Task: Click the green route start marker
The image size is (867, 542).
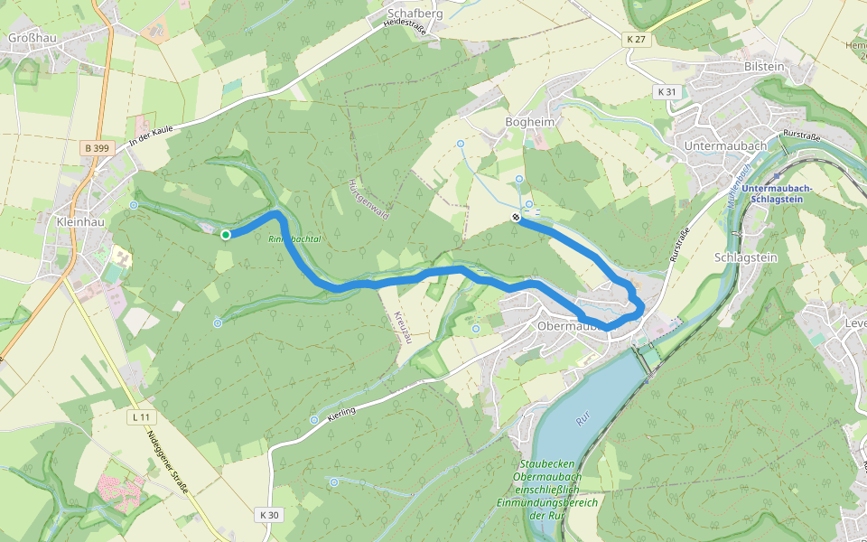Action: click(226, 235)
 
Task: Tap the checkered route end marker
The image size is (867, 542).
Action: click(516, 217)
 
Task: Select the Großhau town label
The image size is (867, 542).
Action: click(27, 38)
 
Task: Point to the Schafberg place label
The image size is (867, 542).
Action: click(415, 14)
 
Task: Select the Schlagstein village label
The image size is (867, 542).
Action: click(745, 257)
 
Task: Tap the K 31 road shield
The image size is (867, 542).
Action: click(667, 92)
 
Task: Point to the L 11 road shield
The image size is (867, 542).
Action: click(139, 417)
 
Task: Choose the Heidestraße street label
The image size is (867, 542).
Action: click(403, 23)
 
